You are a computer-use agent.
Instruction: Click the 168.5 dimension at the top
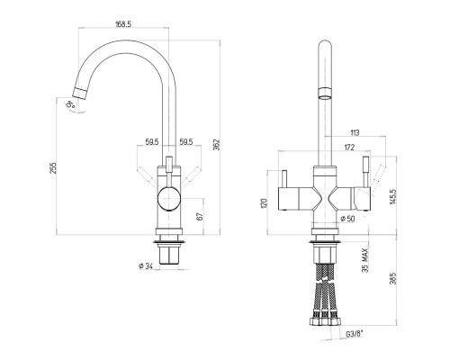coord(123,24)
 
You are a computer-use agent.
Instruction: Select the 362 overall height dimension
coord(217,145)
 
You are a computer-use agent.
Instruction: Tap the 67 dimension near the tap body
coord(201,216)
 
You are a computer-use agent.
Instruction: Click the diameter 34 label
coord(146,265)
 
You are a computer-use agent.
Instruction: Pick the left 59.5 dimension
coord(152,142)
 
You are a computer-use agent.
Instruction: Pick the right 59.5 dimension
coord(186,142)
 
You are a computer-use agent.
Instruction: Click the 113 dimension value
coord(355,132)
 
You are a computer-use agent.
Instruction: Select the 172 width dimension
coord(349,148)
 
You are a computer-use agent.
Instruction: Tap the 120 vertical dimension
coord(264,204)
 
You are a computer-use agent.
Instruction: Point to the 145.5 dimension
coord(393,196)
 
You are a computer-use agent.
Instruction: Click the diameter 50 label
coord(348,219)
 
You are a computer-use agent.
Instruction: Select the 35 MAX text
coord(364,260)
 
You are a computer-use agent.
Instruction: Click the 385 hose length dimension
coord(393,278)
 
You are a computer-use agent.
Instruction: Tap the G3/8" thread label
coord(355,334)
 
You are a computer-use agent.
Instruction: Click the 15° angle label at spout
coord(70,104)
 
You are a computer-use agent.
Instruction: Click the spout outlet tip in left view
coord(80,93)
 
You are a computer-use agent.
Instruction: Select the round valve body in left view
coord(169,198)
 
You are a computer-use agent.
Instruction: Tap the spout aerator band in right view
coord(325,91)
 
